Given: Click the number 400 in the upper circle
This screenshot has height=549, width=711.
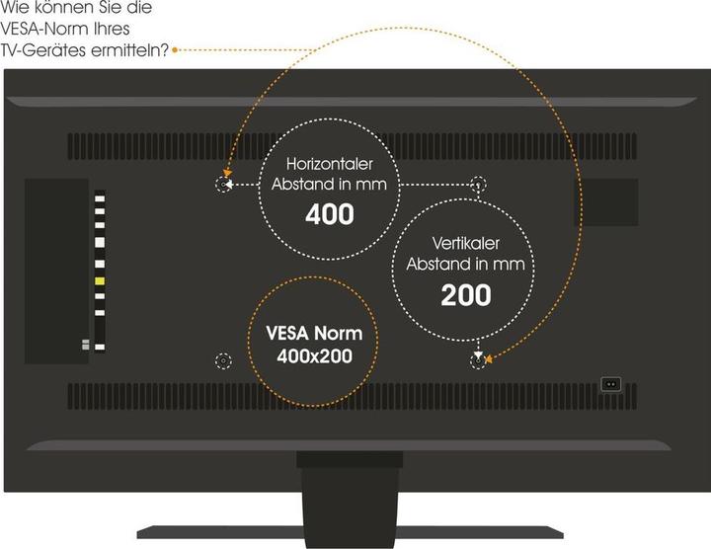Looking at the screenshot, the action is [330, 214].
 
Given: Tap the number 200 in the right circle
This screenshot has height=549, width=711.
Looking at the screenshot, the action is [465, 294].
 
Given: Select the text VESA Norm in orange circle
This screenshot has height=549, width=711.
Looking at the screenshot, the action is [311, 333].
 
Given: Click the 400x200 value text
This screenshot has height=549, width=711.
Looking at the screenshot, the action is [311, 354].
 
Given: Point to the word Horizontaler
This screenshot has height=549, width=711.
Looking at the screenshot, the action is [330, 163].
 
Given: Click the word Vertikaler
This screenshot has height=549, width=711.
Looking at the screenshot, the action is [465, 243].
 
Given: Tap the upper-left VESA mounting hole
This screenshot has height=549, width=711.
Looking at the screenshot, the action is [224, 185].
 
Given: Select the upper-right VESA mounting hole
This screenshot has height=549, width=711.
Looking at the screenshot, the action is [478, 185].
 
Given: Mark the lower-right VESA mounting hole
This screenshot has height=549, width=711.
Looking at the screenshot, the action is [478, 361].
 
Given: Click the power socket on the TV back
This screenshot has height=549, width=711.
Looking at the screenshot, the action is [611, 383].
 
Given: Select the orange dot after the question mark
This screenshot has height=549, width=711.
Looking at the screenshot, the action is [175, 46].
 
